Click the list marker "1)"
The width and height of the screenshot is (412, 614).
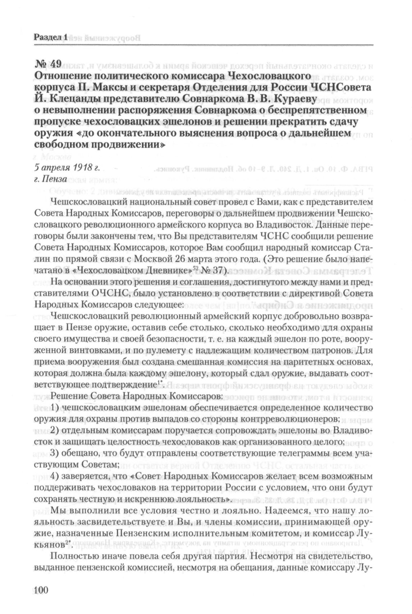tap(57, 408)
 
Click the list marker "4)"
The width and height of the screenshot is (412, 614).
tap(57, 476)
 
